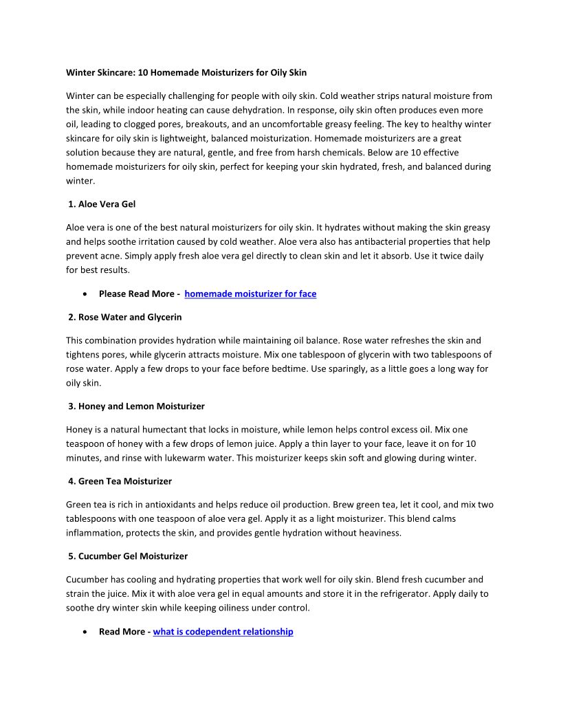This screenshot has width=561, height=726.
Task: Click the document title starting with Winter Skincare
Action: click(x=186, y=72)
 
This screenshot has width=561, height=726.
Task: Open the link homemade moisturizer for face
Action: click(x=250, y=294)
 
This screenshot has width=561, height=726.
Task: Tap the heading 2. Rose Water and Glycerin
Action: click(x=125, y=317)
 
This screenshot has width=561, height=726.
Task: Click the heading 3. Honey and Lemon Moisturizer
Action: click(x=136, y=406)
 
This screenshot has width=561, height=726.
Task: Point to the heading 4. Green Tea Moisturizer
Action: click(x=120, y=481)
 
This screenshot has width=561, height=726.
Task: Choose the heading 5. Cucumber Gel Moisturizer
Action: click(x=128, y=555)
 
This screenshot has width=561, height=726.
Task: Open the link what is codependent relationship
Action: click(x=223, y=632)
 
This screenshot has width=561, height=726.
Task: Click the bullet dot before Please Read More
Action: click(x=84, y=294)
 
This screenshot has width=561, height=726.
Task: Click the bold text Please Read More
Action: click(x=136, y=294)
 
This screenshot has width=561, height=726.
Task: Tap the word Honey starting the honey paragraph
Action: click(x=79, y=430)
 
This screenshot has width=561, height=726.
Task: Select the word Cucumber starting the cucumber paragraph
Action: click(x=87, y=580)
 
